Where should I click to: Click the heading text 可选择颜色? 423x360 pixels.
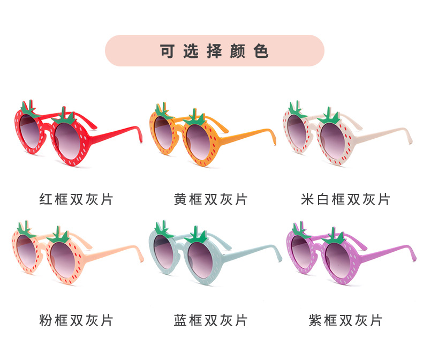(214, 51)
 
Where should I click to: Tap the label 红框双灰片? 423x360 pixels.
(77, 200)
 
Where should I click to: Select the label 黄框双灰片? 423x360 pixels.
(211, 200)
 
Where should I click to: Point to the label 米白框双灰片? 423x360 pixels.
(345, 200)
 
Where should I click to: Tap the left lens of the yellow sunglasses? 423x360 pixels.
(166, 129)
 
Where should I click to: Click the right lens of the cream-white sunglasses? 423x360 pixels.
(335, 138)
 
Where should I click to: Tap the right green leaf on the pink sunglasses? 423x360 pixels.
(59, 234)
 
